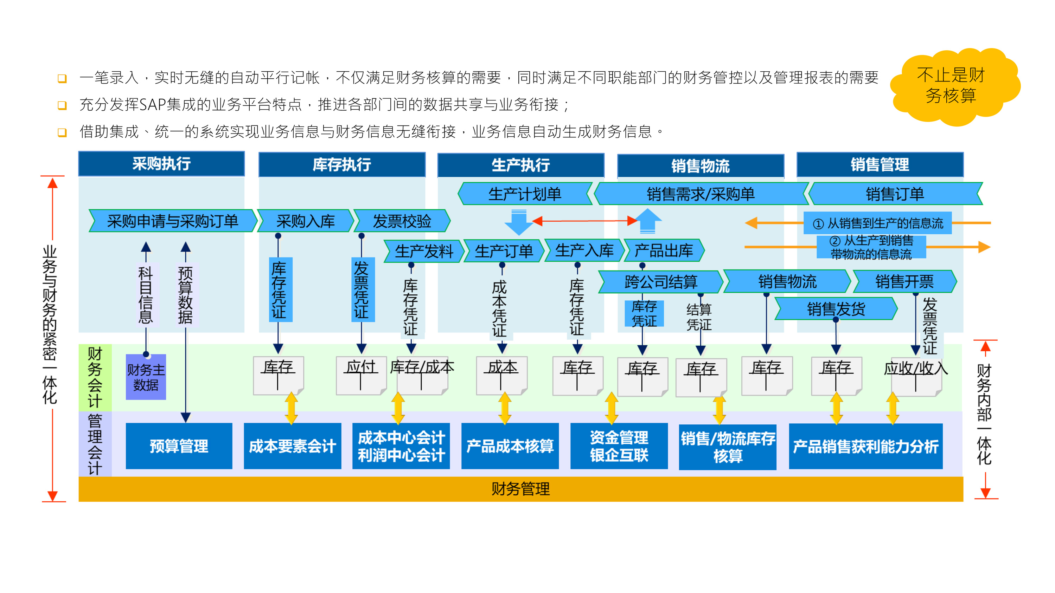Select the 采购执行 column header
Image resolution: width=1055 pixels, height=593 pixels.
point(161,164)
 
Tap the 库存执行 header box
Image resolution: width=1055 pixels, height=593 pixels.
point(341,164)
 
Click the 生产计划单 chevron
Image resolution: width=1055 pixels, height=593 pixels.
point(525,194)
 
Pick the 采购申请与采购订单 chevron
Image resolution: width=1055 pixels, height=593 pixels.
point(172,221)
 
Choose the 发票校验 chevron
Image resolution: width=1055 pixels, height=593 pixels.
point(402,221)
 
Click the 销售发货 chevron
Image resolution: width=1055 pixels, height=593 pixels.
point(836,309)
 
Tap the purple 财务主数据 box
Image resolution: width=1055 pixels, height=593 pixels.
point(146,377)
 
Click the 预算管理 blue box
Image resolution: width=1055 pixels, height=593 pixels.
point(179,446)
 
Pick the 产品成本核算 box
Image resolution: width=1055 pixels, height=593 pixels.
point(510,446)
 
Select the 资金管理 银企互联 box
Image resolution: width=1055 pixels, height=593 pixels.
point(619,446)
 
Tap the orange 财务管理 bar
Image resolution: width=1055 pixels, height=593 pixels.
point(520,489)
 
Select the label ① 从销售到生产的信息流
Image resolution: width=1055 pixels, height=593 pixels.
point(877,223)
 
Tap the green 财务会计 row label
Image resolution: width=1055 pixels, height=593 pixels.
point(95,377)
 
